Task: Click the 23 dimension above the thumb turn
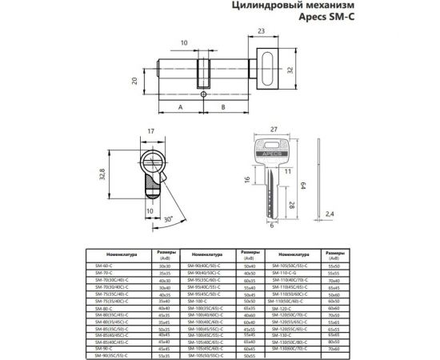[x=262, y=31]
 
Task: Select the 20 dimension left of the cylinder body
[x=135, y=80]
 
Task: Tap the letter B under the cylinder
[x=222, y=106]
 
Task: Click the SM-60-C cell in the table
[x=105, y=266]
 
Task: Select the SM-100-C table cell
[x=198, y=299]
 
